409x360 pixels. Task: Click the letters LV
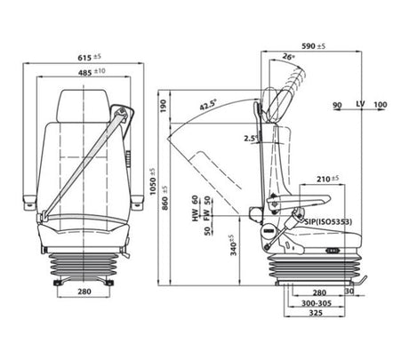(x=360, y=106)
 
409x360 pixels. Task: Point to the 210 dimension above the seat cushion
(x=329, y=179)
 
